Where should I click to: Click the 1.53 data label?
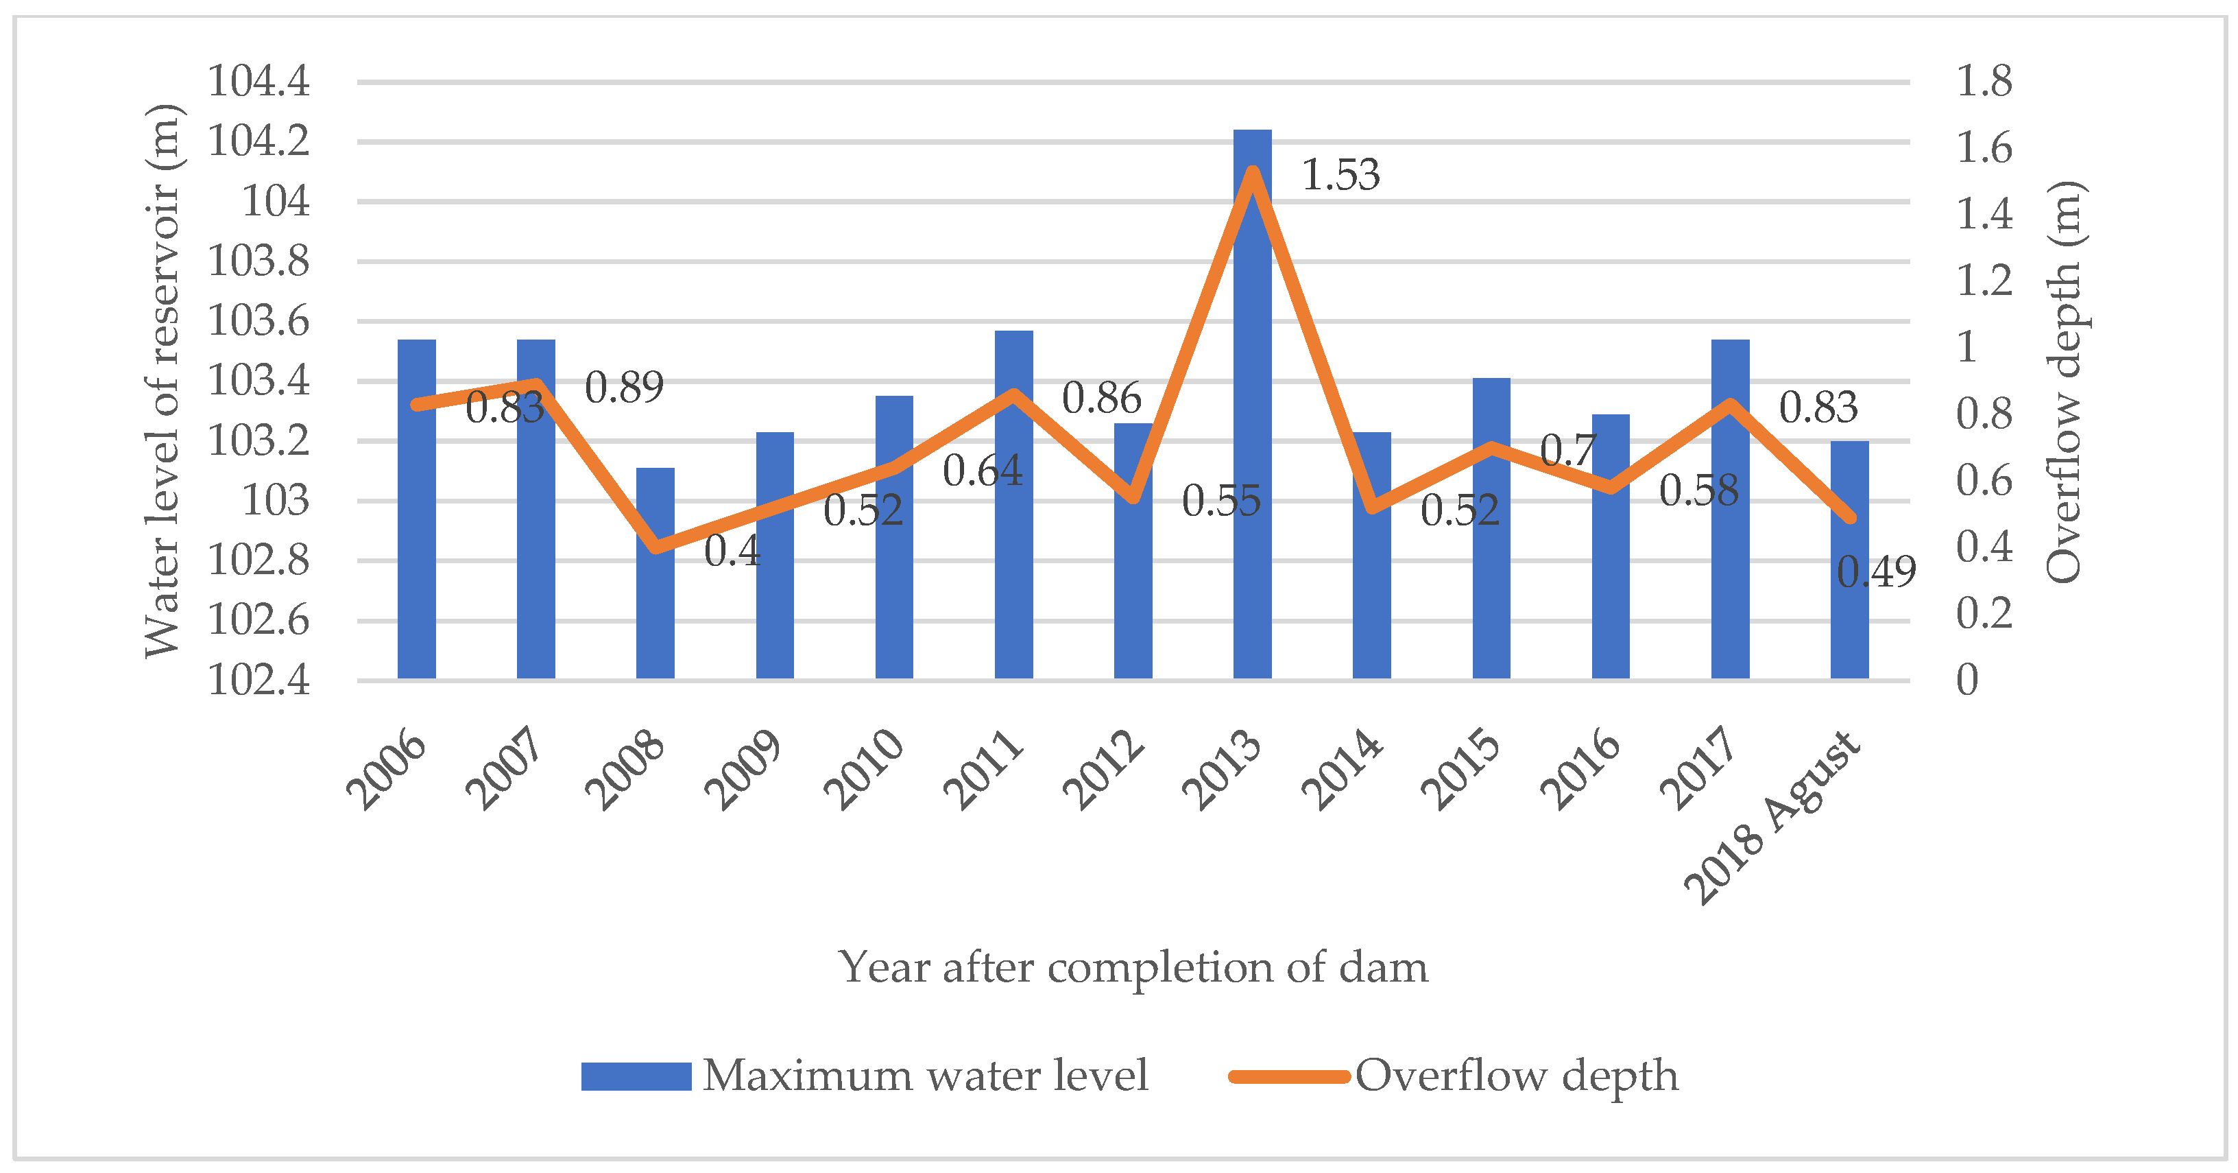1340,176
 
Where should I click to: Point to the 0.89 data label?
624,388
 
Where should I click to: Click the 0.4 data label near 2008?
732,551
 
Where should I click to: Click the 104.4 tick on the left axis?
258,82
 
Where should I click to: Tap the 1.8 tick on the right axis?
1984,82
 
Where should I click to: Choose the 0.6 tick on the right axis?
1984,480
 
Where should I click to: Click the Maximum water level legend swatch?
636,1076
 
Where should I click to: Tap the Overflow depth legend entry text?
1516,1076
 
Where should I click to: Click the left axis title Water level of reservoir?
163,381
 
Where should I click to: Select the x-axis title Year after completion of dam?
1132,967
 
